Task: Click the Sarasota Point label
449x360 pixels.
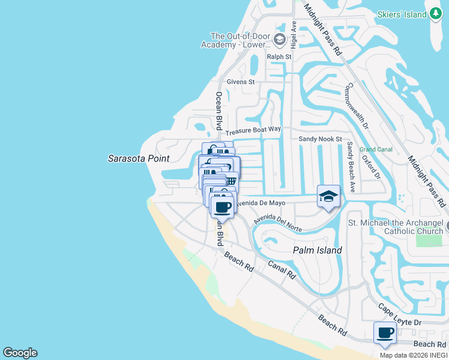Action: click(138, 158)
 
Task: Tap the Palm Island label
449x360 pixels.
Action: click(317, 250)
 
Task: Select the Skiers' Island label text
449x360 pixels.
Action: click(402, 14)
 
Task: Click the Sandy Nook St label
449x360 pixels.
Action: click(320, 139)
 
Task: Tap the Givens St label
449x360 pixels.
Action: click(241, 82)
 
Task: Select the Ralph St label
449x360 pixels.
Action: click(279, 57)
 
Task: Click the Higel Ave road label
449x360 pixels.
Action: click(294, 35)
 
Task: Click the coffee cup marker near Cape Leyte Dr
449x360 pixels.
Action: click(385, 332)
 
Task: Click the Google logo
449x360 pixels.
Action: click(20, 353)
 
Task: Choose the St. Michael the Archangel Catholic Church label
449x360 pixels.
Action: click(396, 227)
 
